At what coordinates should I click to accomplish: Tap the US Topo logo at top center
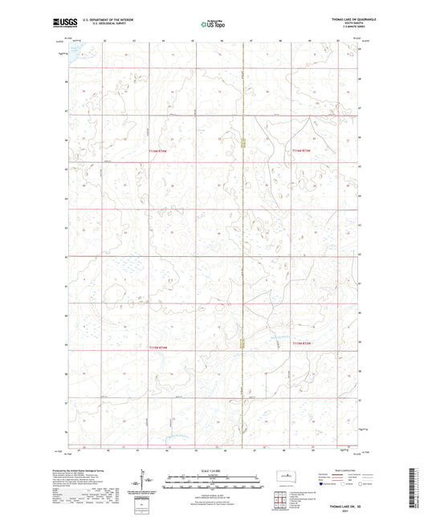tap(211, 24)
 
